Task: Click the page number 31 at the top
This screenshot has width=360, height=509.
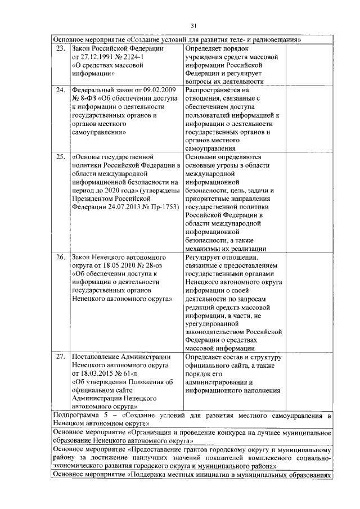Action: pos(193,25)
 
